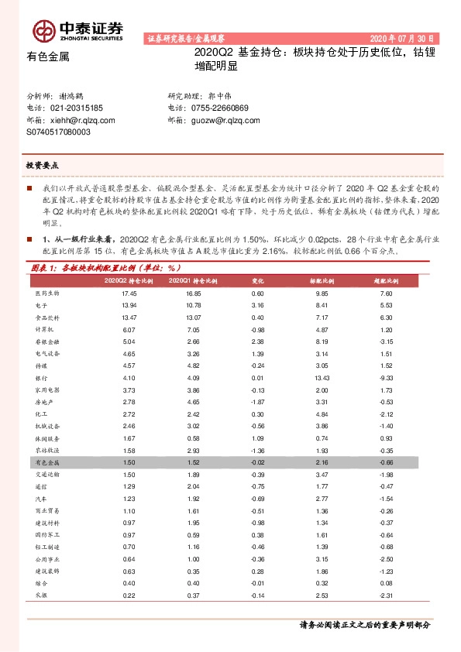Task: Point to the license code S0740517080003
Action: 59,132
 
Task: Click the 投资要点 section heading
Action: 43,165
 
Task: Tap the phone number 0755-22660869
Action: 219,108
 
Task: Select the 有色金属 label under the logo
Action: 48,57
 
